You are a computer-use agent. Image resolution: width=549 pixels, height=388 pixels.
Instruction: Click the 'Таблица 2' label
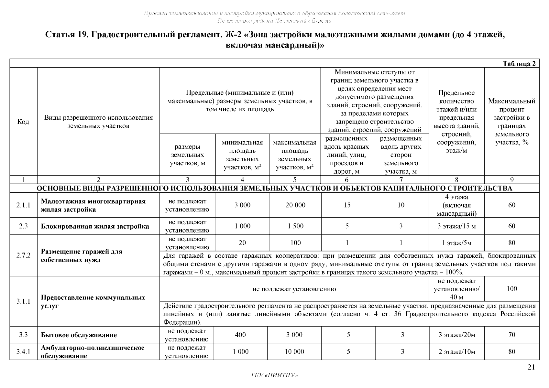click(519, 64)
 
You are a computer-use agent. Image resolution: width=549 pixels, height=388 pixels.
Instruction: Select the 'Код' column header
click(23, 122)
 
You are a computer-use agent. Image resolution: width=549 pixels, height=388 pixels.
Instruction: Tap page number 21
click(531, 367)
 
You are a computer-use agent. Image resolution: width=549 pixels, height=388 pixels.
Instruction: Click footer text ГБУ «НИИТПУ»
click(274, 375)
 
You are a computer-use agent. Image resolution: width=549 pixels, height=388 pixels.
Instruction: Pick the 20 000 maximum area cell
click(295, 205)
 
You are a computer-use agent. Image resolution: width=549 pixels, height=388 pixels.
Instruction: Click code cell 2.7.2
click(23, 255)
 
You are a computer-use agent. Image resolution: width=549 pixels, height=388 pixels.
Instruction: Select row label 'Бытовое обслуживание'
click(79, 335)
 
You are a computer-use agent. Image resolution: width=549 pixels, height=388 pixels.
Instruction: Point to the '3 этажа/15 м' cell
click(456, 226)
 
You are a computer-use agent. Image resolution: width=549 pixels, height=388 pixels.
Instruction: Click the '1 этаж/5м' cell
click(456, 243)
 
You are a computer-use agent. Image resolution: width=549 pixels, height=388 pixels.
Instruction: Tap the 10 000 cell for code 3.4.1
click(294, 352)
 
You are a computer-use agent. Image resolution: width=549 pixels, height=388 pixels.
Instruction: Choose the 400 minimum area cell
click(240, 335)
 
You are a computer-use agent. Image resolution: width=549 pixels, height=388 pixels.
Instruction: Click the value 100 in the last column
click(511, 289)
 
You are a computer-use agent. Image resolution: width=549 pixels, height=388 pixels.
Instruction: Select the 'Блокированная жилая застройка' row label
click(95, 226)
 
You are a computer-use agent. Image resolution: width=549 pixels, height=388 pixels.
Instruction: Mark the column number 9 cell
click(511, 180)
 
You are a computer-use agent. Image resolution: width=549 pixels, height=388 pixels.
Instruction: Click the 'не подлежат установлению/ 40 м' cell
click(456, 289)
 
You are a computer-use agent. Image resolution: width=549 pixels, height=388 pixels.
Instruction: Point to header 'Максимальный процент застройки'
click(511, 122)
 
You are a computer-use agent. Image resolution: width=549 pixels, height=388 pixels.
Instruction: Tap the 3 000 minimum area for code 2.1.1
click(242, 205)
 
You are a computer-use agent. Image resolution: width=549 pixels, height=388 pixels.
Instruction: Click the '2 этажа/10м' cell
click(456, 352)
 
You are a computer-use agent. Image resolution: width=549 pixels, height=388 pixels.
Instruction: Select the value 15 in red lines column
click(347, 205)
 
